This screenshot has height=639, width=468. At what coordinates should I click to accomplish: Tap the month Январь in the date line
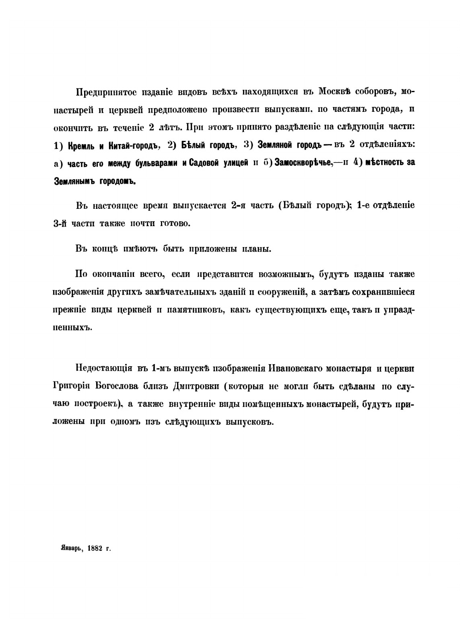click(x=69, y=548)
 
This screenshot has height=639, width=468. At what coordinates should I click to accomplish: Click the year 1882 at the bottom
click(x=95, y=548)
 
